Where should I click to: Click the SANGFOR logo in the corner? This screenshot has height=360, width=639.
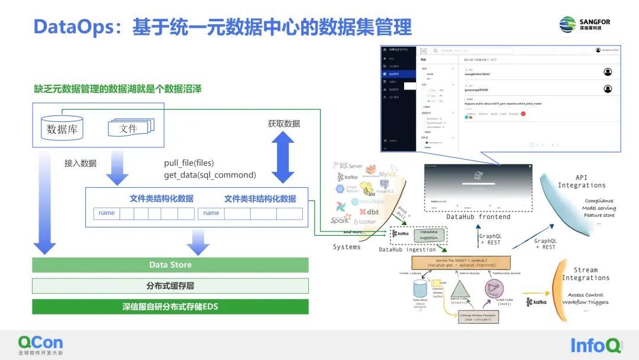(585, 24)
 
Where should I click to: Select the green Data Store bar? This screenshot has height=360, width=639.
(170, 265)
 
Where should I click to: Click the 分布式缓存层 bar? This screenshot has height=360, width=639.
(170, 286)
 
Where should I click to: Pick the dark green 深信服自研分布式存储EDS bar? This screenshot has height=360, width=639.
(170, 307)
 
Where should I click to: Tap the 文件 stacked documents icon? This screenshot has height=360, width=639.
(130, 127)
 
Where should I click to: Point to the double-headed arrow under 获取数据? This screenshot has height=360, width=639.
(283, 157)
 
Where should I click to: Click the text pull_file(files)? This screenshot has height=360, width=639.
(189, 163)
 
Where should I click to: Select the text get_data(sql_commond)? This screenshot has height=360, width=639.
(209, 175)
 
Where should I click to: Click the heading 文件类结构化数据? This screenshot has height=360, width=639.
(162, 199)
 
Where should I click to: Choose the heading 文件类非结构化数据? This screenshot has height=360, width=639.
(260, 199)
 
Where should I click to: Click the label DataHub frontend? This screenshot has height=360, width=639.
(478, 217)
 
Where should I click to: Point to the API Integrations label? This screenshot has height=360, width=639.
(582, 181)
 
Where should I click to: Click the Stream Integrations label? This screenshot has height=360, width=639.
(586, 274)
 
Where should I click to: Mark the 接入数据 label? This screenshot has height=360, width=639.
(80, 163)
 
